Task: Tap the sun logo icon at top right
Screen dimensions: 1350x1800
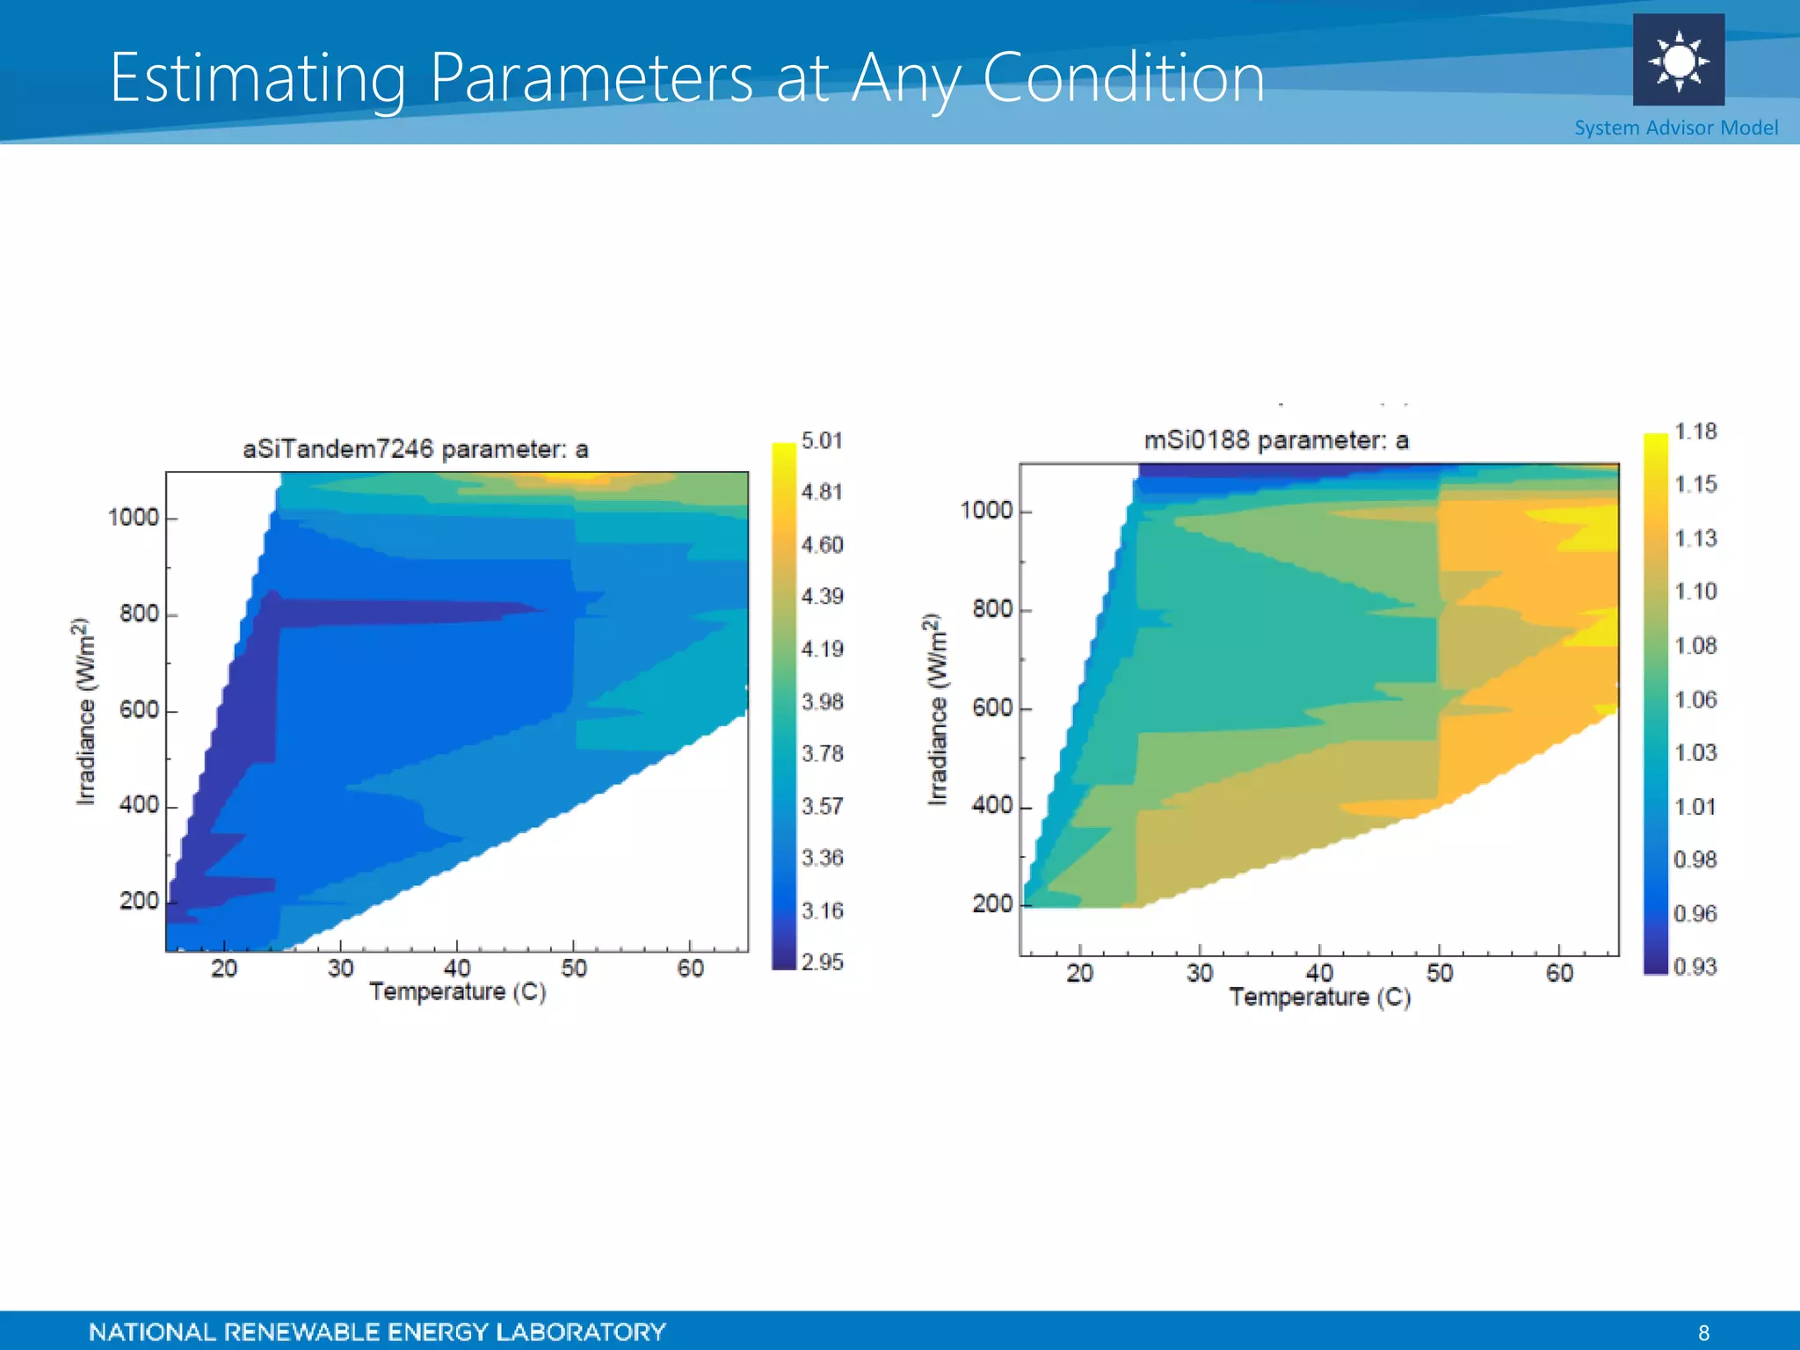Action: click(x=1678, y=61)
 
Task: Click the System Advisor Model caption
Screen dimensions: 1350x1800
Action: click(x=1675, y=128)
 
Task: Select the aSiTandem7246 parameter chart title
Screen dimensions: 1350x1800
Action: click(x=415, y=449)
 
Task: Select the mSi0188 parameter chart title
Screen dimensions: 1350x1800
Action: click(x=1275, y=439)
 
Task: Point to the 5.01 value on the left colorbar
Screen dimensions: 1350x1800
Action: click(x=822, y=440)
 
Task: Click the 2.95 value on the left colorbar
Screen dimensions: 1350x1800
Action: click(x=822, y=962)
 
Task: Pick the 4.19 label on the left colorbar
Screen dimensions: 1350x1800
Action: click(x=822, y=650)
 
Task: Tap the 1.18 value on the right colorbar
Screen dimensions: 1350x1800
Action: click(x=1695, y=432)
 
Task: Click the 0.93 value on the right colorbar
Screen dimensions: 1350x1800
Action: click(x=1695, y=967)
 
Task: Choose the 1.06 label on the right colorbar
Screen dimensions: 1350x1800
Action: click(x=1695, y=700)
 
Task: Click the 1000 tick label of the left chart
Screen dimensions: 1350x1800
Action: click(x=133, y=518)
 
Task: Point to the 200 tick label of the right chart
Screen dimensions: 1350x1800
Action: click(x=992, y=904)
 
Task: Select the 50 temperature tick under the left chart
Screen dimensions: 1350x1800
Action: click(x=573, y=969)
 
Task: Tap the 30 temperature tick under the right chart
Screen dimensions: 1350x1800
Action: click(x=1199, y=973)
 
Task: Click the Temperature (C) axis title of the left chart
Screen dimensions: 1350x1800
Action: click(x=457, y=992)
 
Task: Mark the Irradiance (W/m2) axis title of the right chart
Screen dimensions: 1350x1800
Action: click(x=937, y=708)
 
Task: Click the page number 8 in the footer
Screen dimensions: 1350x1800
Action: click(x=1703, y=1332)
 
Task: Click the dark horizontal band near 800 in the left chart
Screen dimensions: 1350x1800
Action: click(x=396, y=613)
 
